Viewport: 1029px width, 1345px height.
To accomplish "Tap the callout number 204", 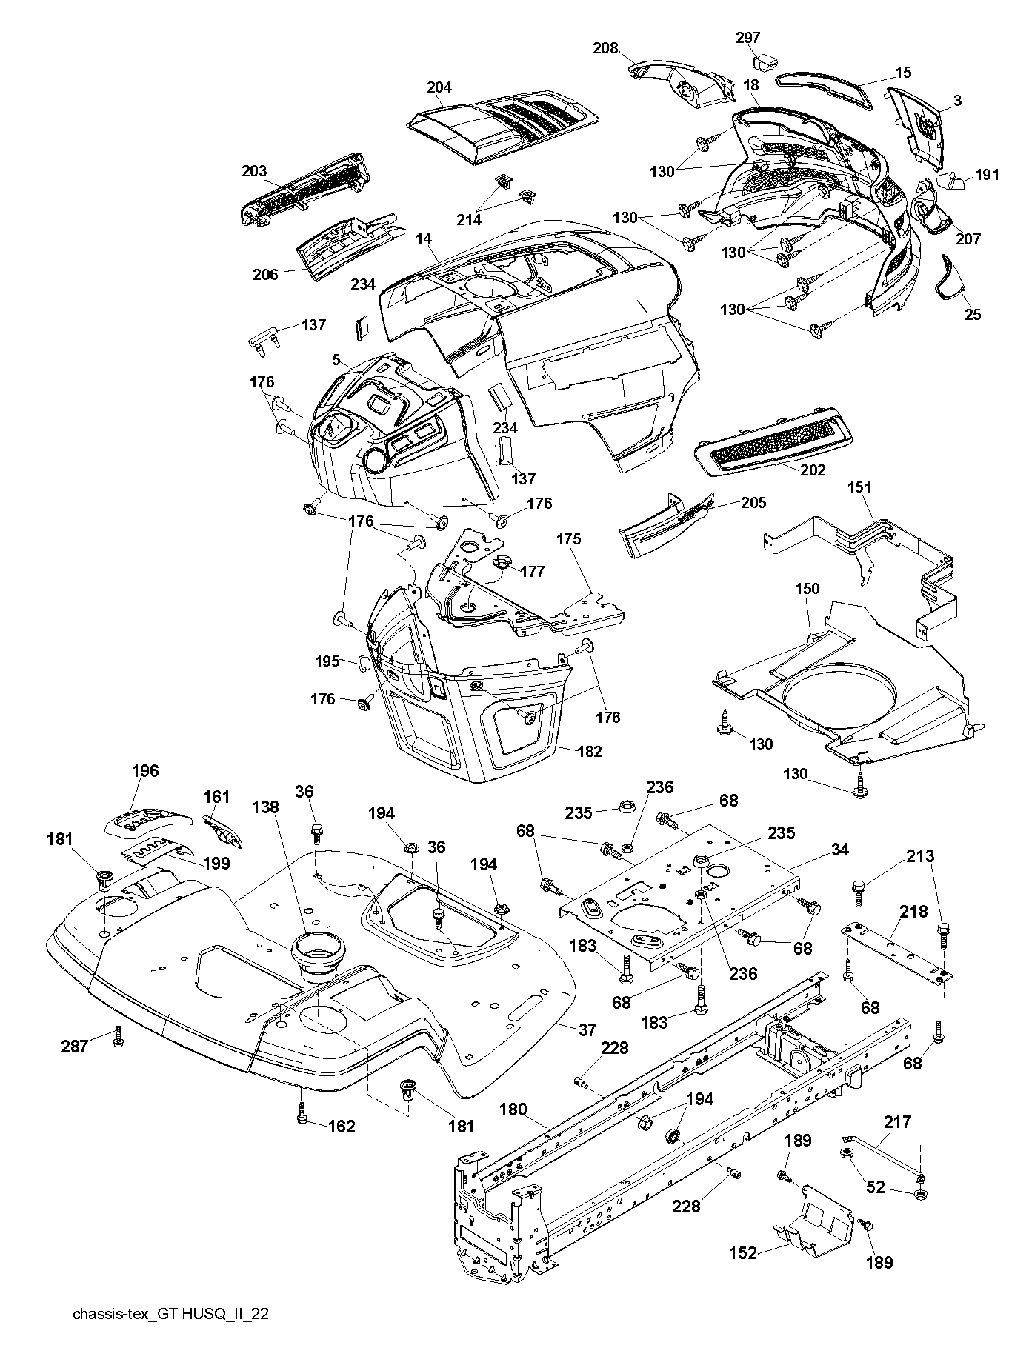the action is coord(439,87).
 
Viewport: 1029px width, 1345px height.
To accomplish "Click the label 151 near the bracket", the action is coord(860,487).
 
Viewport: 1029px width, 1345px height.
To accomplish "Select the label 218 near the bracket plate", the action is coord(913,912).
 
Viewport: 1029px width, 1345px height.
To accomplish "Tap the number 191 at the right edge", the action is coord(986,175).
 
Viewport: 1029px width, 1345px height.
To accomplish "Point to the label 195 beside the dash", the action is coord(327,661).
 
